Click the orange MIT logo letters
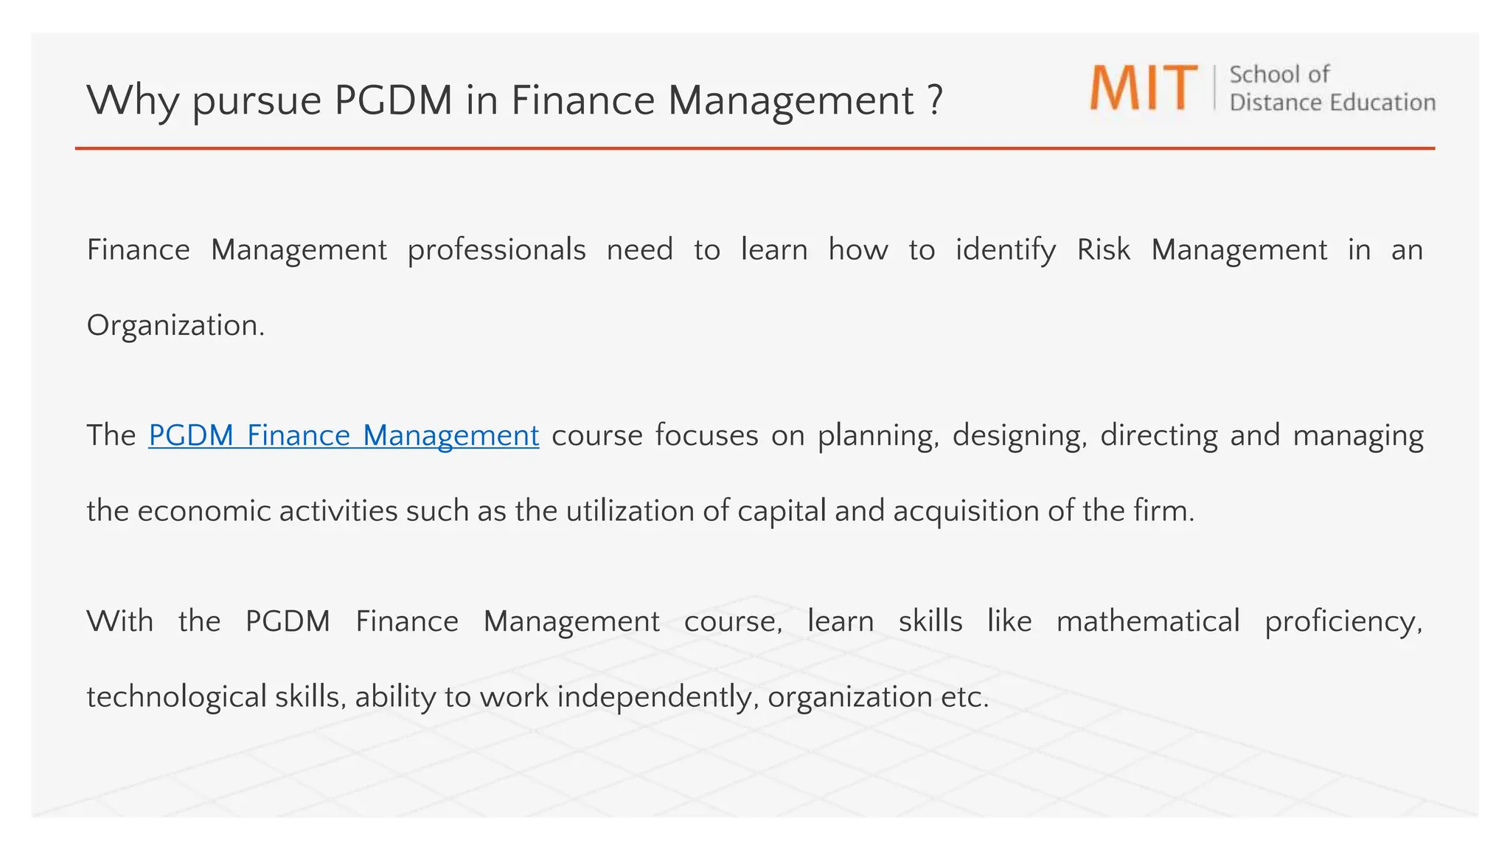click(x=1144, y=89)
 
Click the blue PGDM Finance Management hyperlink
click(x=344, y=435)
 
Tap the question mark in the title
click(x=935, y=100)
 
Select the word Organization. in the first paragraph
click(x=175, y=325)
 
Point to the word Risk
click(x=1103, y=250)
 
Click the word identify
click(x=1006, y=250)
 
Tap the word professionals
click(x=496, y=250)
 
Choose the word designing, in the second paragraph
click(x=1020, y=435)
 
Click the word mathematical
click(x=1148, y=621)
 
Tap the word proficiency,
click(x=1343, y=621)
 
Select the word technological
click(x=176, y=697)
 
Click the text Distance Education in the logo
click(x=1332, y=103)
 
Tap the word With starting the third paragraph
click(x=120, y=621)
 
